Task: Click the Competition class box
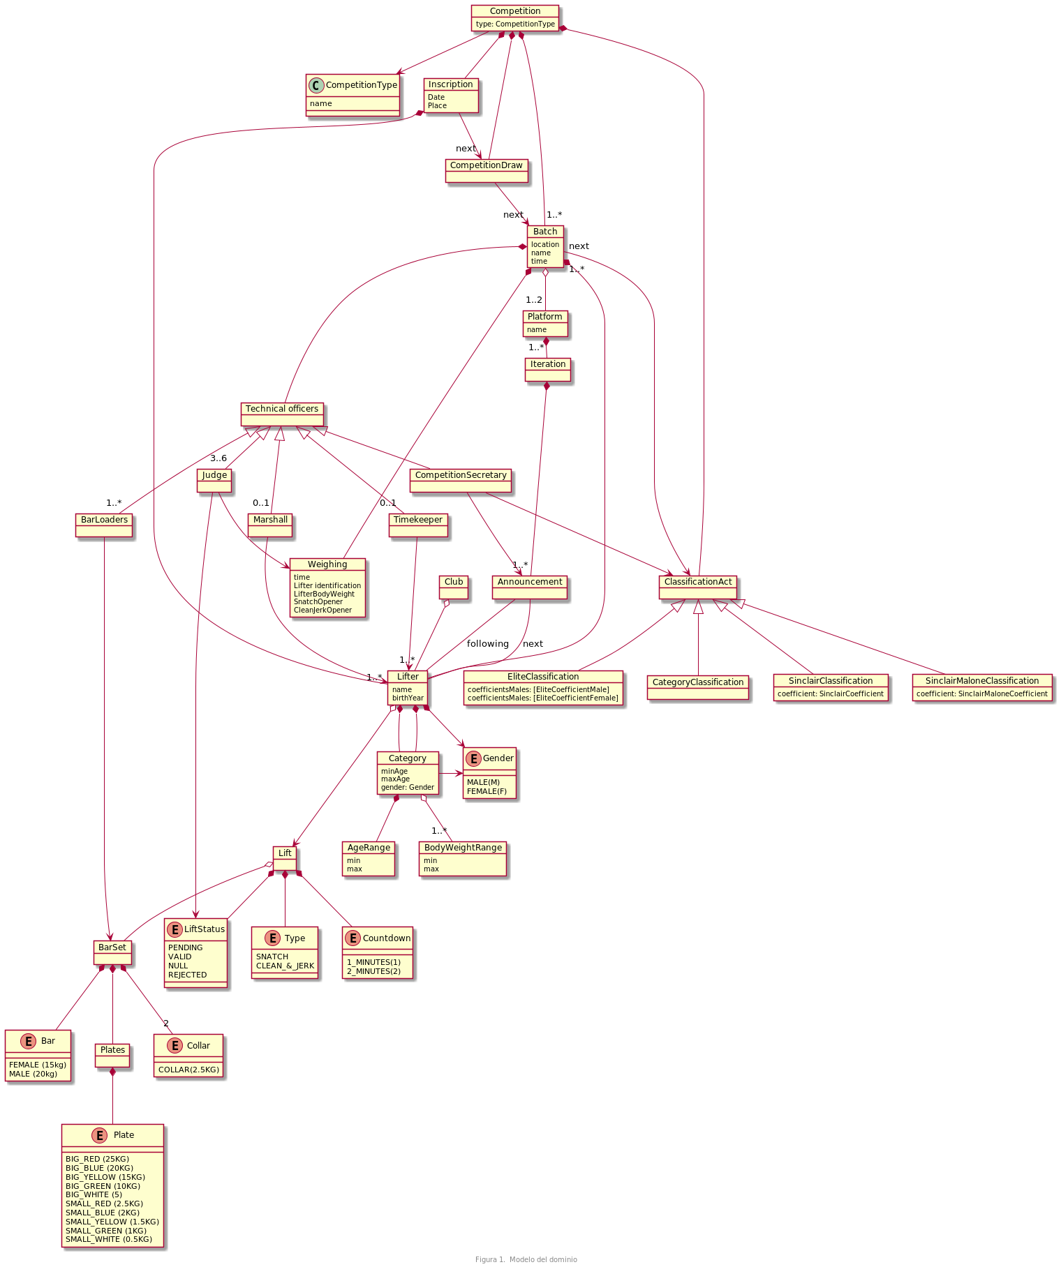(x=514, y=17)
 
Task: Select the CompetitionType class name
(x=361, y=85)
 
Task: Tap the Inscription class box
(x=451, y=95)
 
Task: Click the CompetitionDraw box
(x=487, y=171)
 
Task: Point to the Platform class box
(x=544, y=324)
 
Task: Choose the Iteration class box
(x=548, y=370)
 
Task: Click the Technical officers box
(x=282, y=414)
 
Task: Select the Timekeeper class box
(x=417, y=525)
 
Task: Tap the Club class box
(x=454, y=587)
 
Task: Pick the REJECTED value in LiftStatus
(x=187, y=975)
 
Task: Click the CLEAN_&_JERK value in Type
(x=285, y=966)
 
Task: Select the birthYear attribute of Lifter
(x=408, y=698)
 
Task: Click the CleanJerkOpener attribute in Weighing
(x=322, y=610)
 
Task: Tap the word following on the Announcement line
(x=487, y=644)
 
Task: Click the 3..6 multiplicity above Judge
(x=218, y=458)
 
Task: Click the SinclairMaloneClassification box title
(x=981, y=680)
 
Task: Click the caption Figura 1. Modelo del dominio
(x=526, y=1259)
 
